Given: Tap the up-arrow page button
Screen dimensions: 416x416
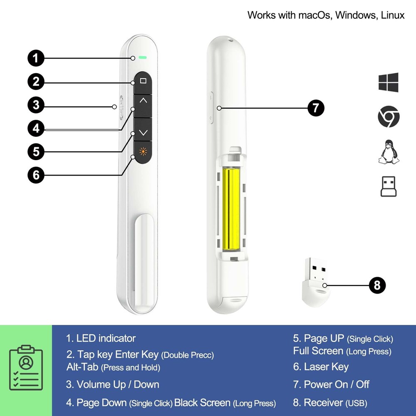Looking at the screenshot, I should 143,101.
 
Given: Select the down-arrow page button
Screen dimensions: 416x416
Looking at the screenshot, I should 143,133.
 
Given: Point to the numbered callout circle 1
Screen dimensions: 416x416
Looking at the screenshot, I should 36,58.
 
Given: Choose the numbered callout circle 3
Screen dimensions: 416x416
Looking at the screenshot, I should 36,104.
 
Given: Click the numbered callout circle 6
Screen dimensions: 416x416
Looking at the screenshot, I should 36,175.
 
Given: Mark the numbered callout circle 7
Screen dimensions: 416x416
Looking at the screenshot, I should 316,108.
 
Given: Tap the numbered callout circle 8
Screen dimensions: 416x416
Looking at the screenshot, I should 377,285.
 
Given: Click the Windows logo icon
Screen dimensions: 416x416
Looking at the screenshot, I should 389,82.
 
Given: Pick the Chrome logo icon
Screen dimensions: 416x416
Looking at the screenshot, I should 389,117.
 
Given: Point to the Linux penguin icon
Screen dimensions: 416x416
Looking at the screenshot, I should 389,151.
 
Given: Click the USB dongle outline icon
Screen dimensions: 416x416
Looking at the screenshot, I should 389,186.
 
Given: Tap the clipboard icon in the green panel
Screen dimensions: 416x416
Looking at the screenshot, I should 26,367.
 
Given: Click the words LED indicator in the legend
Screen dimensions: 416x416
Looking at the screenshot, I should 106,338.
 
